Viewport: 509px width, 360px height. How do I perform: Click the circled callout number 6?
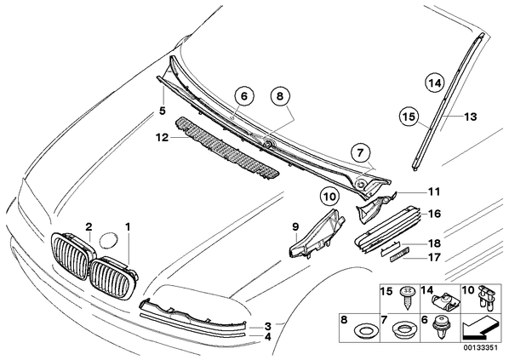[243, 97]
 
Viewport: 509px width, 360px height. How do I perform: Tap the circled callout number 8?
[280, 96]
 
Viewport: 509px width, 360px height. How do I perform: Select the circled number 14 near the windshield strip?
[435, 83]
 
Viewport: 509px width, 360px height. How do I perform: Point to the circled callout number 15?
[409, 117]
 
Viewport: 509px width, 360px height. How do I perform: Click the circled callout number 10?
[329, 197]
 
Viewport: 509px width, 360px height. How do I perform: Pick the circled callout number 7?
[360, 153]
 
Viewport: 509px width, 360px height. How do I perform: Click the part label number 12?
[163, 138]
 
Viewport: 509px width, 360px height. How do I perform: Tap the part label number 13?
[471, 117]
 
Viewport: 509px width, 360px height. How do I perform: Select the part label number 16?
[434, 214]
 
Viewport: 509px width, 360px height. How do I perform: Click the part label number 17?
[434, 258]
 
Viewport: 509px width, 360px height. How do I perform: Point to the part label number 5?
[163, 111]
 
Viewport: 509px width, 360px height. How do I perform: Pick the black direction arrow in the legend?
[479, 329]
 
